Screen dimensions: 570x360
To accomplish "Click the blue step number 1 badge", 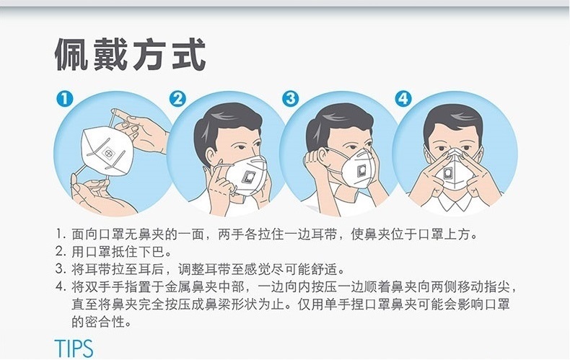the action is (65, 99).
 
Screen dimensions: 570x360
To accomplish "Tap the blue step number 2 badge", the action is (177, 99).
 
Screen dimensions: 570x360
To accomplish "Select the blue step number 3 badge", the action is (291, 99).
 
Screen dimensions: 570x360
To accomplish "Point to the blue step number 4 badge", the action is (403, 99).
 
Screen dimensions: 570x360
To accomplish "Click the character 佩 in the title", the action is (71, 55).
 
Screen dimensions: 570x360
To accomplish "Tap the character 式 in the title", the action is (189, 55).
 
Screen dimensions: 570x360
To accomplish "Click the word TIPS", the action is (74, 348).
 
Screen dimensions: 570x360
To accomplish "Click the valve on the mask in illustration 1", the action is (109, 153).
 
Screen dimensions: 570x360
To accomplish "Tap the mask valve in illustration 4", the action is (448, 173).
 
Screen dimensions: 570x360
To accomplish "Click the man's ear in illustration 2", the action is (211, 157).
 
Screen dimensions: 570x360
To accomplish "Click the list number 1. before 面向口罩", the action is (61, 234).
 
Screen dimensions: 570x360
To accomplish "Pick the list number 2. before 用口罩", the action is (61, 252).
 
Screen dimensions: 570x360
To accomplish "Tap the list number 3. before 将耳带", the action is (61, 269).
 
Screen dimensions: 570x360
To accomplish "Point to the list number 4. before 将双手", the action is (61, 287).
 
